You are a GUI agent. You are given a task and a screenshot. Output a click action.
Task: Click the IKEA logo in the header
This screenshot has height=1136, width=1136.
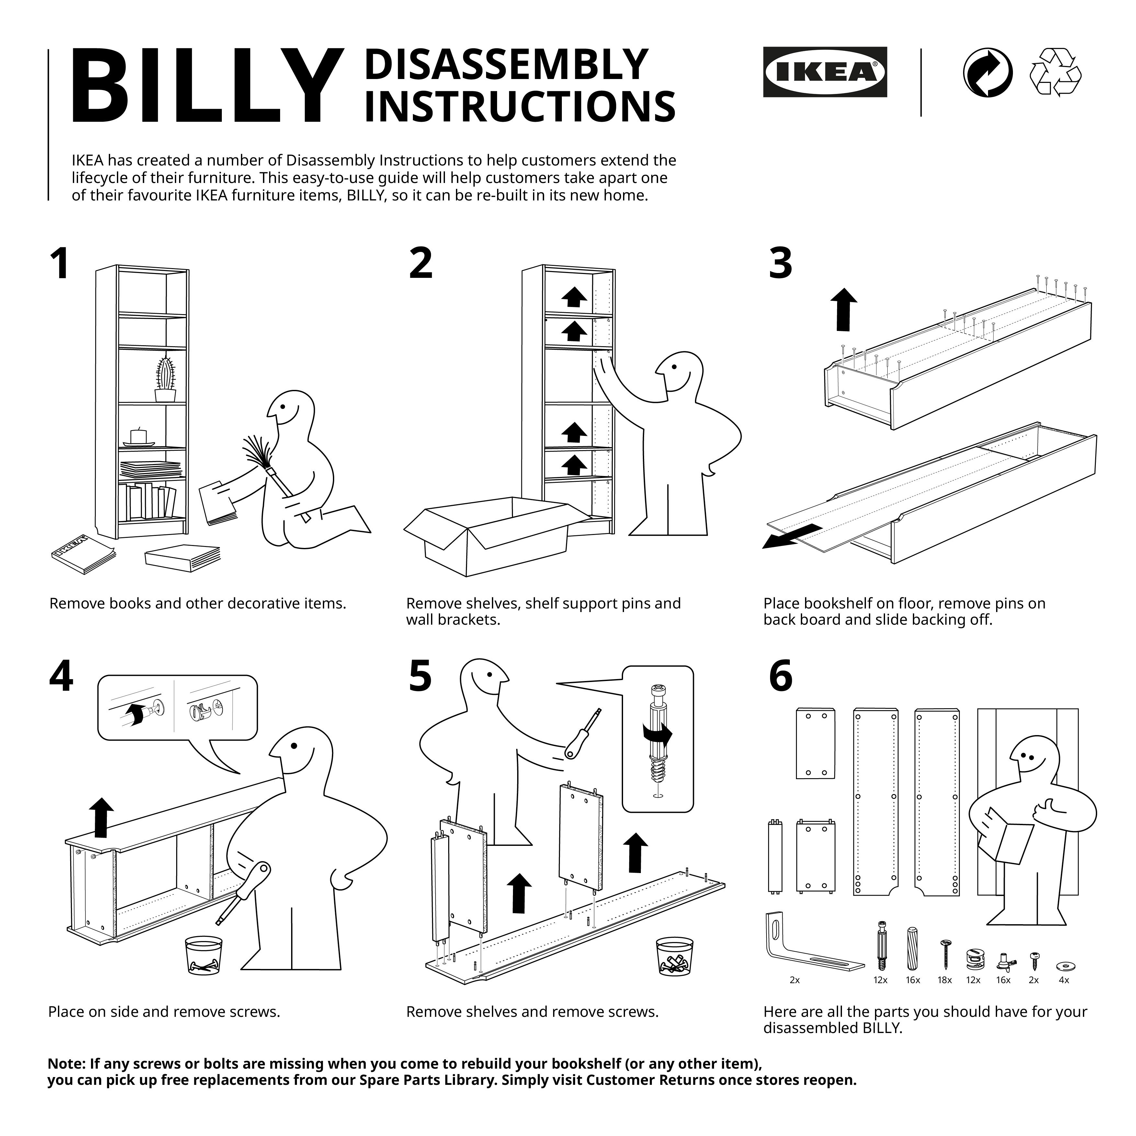tap(824, 72)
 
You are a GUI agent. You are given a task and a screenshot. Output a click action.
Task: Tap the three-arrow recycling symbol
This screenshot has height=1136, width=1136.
tap(1055, 72)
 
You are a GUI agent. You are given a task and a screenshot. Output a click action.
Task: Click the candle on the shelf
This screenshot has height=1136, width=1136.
tap(138, 436)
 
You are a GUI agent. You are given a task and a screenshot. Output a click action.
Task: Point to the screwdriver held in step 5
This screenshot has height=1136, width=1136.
tap(582, 735)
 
